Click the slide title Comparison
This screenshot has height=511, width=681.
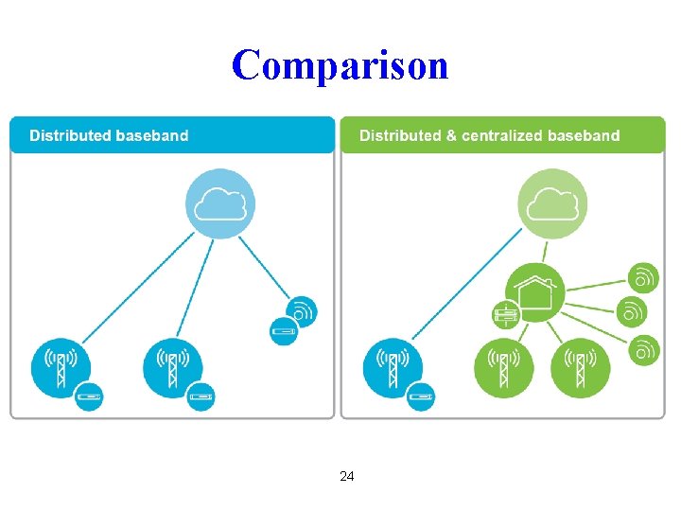[340, 65]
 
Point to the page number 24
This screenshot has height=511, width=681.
[346, 476]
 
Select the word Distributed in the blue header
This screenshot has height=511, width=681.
[69, 135]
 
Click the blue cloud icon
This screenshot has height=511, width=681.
[220, 203]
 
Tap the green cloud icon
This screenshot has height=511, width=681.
[552, 203]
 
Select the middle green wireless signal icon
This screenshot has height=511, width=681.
[632, 311]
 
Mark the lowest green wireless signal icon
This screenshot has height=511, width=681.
[644, 349]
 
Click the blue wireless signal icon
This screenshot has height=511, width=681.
[301, 310]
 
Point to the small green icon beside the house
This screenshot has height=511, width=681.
[507, 314]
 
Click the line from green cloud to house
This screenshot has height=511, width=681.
[546, 249]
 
